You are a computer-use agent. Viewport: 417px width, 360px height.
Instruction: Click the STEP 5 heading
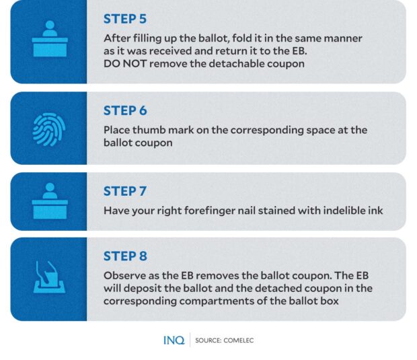(125, 19)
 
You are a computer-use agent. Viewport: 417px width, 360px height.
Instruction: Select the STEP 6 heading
(125, 111)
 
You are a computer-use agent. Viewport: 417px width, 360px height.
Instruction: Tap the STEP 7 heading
(125, 191)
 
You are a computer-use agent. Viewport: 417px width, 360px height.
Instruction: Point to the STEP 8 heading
(125, 256)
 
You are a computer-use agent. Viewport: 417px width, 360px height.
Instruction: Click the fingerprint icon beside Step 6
(48, 129)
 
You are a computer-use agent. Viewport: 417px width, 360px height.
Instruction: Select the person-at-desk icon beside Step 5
(48, 42)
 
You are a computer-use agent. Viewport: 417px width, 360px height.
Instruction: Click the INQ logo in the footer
(174, 340)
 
